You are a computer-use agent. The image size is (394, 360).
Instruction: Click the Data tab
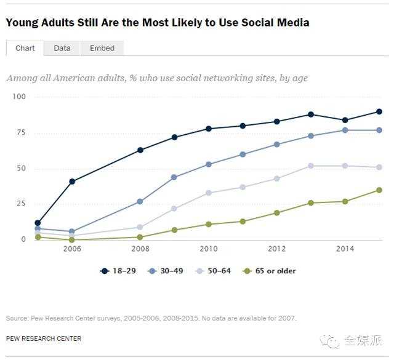[x=62, y=48]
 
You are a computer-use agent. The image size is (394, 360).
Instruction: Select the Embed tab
[x=102, y=48]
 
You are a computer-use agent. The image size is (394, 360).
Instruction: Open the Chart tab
[x=25, y=48]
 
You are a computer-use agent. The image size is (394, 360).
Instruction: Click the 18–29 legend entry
[x=118, y=271]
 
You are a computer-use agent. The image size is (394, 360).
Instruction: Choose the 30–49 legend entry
[x=164, y=271]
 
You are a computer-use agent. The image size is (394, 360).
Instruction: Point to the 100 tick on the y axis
[x=19, y=97]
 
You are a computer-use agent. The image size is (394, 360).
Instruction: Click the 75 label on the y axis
[x=21, y=133]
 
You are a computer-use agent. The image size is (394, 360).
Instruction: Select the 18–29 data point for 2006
[x=72, y=182]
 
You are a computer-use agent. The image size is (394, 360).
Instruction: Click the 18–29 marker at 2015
[x=379, y=111]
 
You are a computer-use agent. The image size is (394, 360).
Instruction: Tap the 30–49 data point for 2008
[x=140, y=201]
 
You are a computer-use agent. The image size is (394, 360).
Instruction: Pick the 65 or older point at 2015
[x=379, y=190]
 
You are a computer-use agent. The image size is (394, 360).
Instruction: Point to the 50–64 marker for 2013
[x=311, y=166]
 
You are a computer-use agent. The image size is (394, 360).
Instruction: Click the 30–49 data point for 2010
[x=209, y=164]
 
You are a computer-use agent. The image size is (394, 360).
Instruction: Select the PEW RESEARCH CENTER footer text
[x=44, y=338]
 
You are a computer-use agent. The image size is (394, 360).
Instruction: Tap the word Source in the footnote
[x=17, y=318]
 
